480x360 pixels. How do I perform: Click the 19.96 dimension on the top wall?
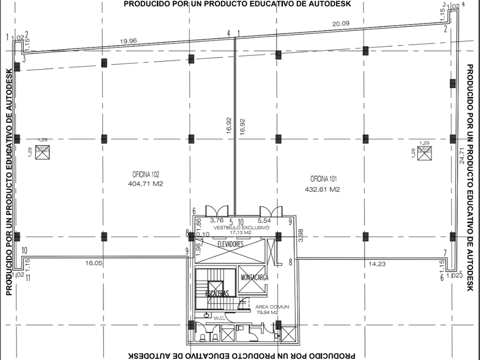pos(129,41)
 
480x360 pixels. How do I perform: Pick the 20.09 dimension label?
pos(340,23)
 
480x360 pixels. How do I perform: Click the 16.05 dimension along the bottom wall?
pos(93,263)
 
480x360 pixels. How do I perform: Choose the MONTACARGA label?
pos(254,277)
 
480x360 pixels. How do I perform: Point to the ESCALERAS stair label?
pos(217,293)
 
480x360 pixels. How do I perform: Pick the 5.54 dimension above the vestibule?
pos(264,220)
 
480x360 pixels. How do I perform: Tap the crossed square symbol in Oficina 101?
pos(425,152)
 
